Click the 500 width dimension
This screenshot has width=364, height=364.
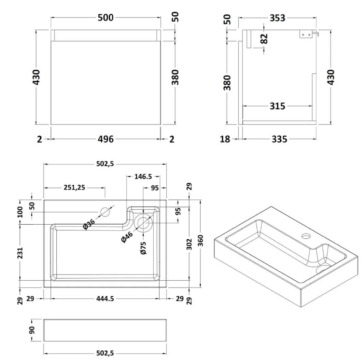[106, 17]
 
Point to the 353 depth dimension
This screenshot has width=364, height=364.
[277, 18]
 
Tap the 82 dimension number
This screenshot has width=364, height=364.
[264, 38]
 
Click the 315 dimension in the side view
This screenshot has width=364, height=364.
[277, 106]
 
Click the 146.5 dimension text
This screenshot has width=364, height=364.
[143, 177]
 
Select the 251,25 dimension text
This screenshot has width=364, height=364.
[74, 187]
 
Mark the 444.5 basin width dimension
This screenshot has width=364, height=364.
[105, 299]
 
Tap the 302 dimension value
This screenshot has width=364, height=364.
[190, 243]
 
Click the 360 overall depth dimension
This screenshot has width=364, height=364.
[200, 243]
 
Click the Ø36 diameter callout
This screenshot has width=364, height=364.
[89, 224]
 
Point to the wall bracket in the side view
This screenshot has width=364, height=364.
[306, 34]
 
